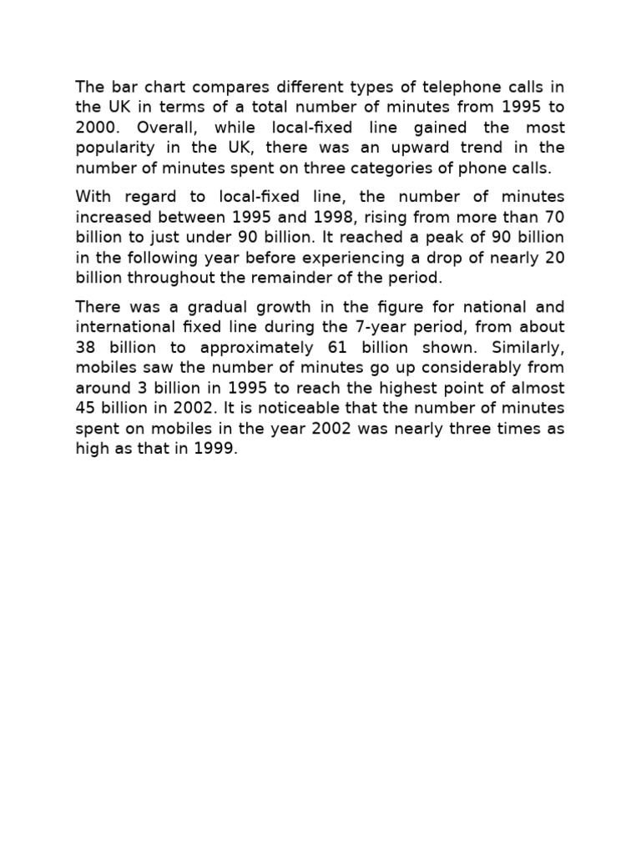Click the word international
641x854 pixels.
pyautogui.click(x=122, y=326)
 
